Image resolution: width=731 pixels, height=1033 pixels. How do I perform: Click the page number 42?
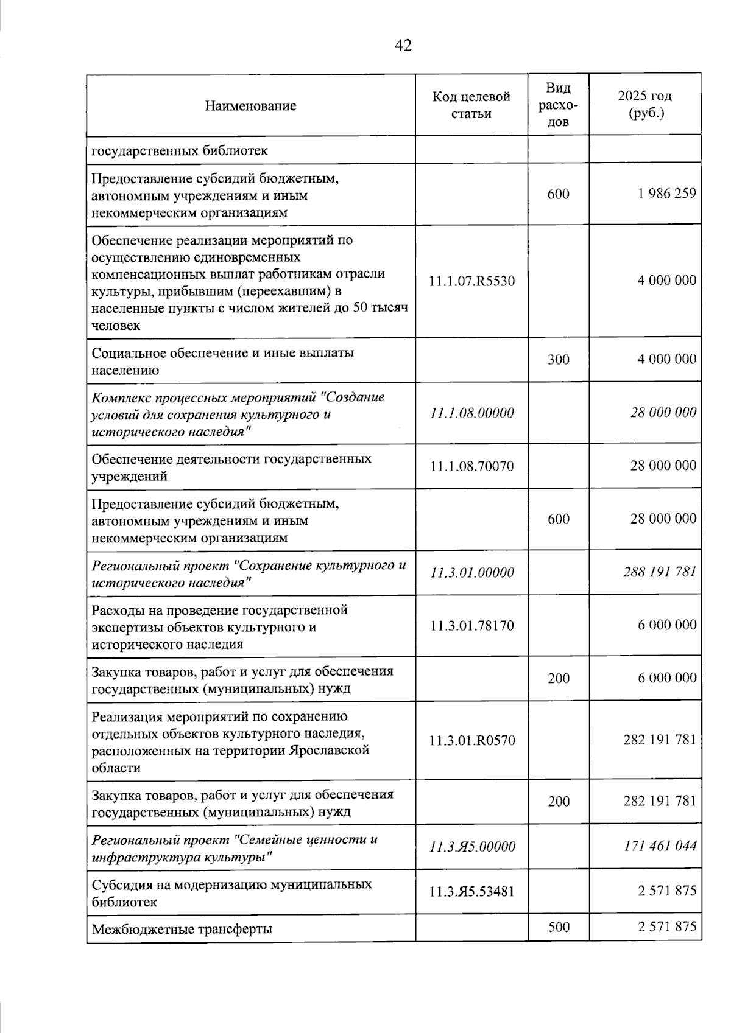(403, 45)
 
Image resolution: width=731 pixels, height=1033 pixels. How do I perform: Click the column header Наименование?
(250, 106)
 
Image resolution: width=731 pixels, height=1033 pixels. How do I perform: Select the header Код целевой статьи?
(471, 105)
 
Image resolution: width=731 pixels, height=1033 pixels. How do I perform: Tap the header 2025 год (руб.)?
(644, 105)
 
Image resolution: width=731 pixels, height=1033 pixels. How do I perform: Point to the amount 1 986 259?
(667, 194)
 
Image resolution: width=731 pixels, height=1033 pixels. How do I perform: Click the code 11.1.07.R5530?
(471, 281)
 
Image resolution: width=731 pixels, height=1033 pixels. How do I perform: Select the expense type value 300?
(558, 360)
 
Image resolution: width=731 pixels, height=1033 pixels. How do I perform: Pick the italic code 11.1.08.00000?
(471, 413)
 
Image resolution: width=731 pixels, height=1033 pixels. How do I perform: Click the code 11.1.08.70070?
(471, 466)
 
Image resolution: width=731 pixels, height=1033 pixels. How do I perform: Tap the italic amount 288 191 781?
(660, 572)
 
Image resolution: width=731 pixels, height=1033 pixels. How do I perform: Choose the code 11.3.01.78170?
(471, 626)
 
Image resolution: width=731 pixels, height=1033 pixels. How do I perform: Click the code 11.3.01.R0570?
(471, 741)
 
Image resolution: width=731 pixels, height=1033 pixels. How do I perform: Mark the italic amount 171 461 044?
(660, 846)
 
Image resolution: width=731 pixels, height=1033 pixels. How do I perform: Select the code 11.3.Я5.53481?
(471, 892)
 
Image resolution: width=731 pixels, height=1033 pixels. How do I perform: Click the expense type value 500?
(559, 927)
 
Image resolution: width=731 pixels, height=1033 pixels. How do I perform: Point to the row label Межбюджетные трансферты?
(182, 930)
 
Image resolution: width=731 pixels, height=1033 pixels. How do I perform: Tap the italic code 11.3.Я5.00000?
(471, 847)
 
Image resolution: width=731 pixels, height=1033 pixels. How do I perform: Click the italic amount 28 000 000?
(663, 413)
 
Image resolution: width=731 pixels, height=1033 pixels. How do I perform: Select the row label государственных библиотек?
(179, 150)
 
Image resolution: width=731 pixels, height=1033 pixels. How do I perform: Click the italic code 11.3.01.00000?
(471, 573)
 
